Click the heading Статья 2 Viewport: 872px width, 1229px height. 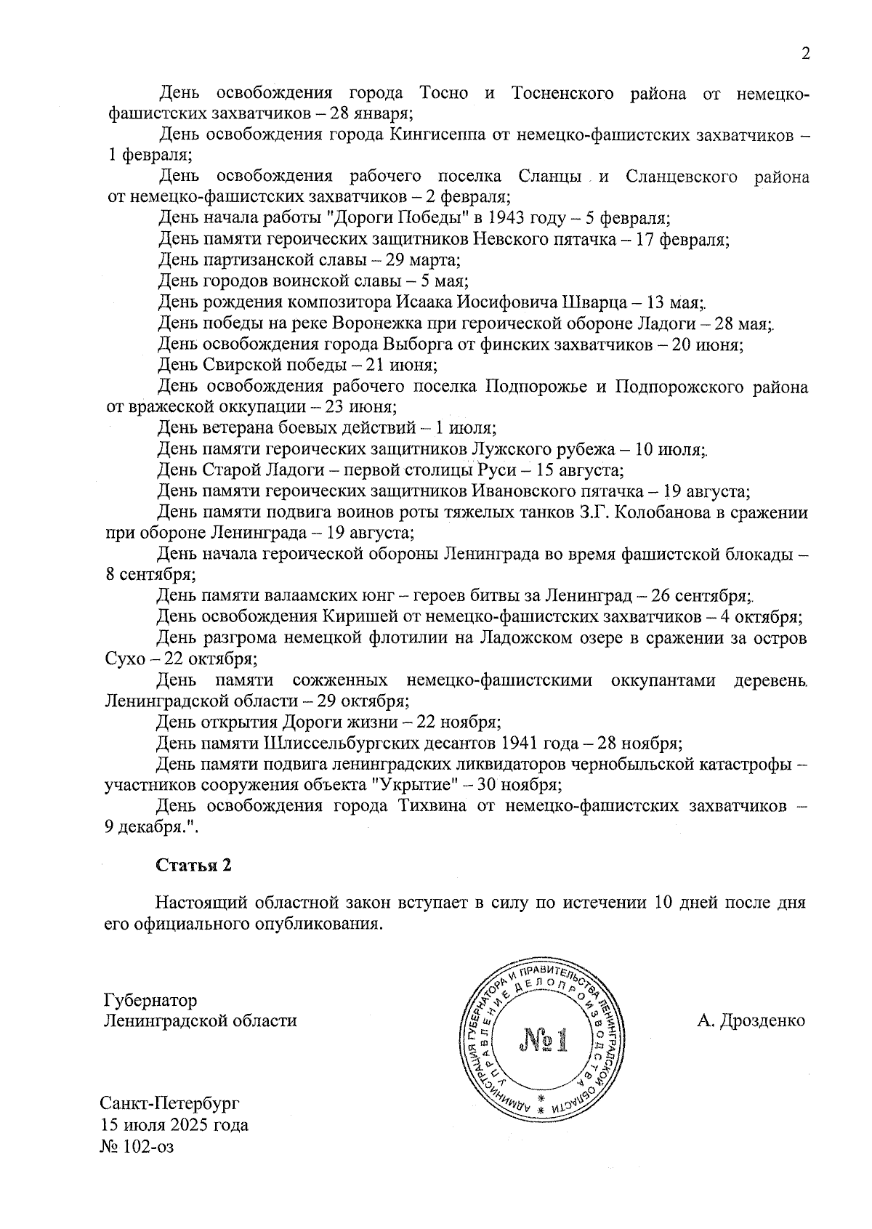tap(193, 865)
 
